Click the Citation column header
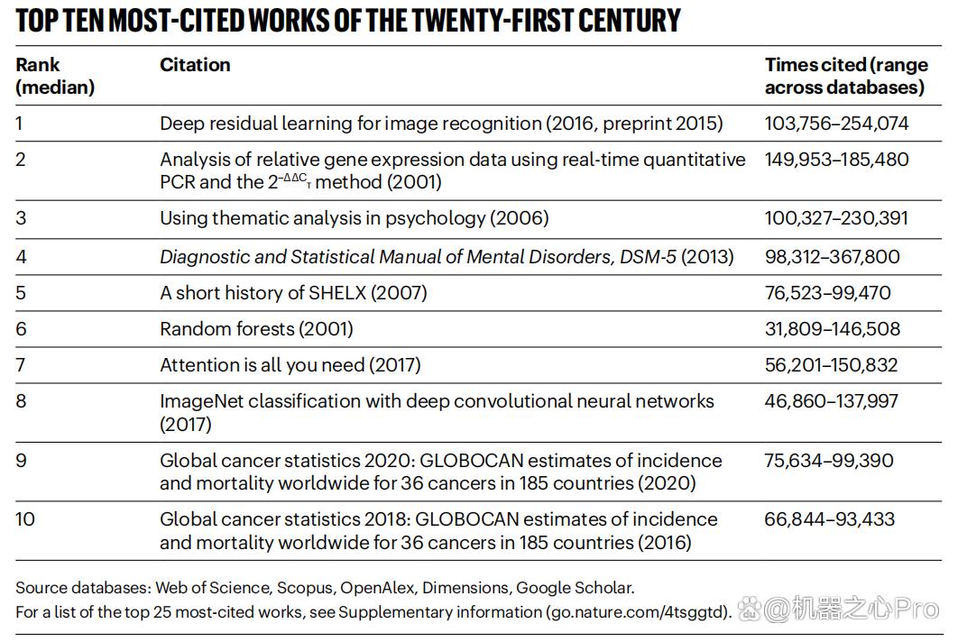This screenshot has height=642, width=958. coord(195,65)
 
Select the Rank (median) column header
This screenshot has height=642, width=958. coord(55,76)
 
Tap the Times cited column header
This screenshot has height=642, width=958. coord(846,76)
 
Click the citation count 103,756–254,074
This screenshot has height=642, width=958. coord(836,124)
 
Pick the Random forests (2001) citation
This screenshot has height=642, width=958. coord(256,329)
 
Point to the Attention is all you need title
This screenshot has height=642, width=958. coord(263,365)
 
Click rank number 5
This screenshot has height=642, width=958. coord(21,292)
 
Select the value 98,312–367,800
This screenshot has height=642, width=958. coord(832,257)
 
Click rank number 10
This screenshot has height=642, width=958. coord(25,519)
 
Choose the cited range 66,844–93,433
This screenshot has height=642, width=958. coord(830,519)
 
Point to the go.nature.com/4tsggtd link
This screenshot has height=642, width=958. coord(638,612)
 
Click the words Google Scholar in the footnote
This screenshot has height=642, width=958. coord(574,588)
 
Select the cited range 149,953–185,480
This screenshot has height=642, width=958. coord(836,160)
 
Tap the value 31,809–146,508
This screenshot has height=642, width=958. coord(832,329)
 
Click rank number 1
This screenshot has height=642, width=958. coord(19,124)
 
